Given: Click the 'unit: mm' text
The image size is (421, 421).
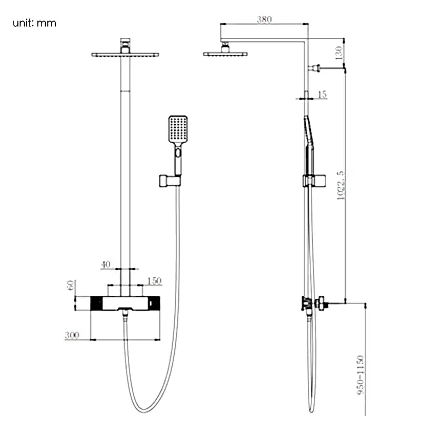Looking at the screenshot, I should click(35, 23).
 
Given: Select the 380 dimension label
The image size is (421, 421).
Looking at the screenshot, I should click(264, 20).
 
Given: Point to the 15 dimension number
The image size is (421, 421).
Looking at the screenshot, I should click(322, 94).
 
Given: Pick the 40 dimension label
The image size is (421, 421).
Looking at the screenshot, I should click(106, 265).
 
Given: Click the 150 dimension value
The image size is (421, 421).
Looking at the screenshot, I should click(154, 281).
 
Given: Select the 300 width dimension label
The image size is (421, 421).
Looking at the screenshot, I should click(73, 336).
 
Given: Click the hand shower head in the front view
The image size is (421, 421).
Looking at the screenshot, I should click(177, 128).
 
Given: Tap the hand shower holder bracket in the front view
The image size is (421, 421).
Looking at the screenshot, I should click(169, 181).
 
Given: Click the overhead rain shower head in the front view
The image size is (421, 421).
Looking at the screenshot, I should click(125, 54).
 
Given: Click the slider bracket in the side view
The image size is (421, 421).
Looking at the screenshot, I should click(314, 181).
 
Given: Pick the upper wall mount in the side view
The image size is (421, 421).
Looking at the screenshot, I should click(316, 68).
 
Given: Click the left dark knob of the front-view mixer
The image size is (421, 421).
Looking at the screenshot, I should click(97, 304).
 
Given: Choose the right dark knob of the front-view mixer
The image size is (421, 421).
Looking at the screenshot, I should click(153, 304).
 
